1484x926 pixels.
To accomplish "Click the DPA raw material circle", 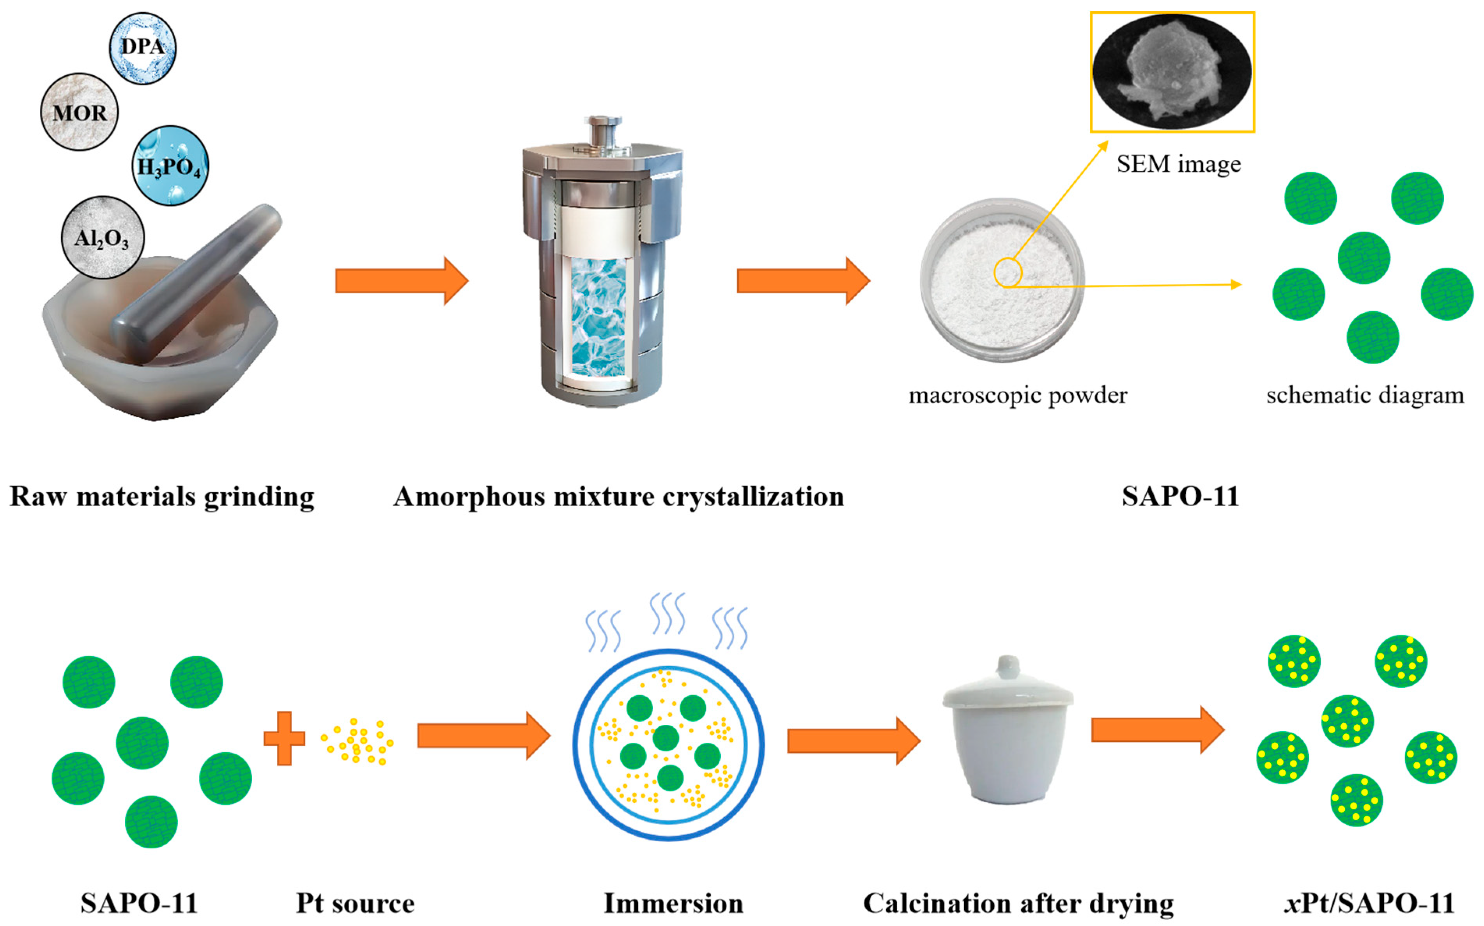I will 143,48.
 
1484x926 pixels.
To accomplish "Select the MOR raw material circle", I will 79,112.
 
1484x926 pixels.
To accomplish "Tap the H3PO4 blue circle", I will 170,166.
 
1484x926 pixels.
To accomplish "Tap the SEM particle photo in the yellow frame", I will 1172,72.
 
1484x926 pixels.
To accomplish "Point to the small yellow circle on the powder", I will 1008,273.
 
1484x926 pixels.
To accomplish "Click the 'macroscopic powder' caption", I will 1018,395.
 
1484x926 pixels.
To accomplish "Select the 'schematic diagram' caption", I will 1365,395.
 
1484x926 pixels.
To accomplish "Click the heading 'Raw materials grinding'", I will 162,496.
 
